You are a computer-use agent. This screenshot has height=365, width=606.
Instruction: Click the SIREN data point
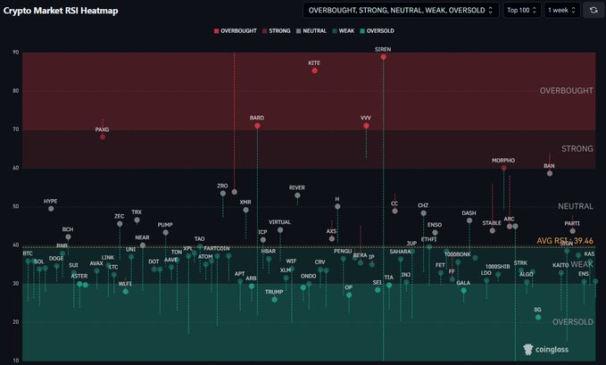pyautogui.click(x=384, y=57)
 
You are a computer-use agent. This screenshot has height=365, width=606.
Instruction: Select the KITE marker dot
pyautogui.click(x=314, y=71)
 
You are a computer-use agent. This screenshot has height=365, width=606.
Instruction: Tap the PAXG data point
pyautogui.click(x=103, y=137)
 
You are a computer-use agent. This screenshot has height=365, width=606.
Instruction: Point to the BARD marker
pyautogui.click(x=257, y=126)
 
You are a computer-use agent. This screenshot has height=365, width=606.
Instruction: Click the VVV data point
pyautogui.click(x=366, y=126)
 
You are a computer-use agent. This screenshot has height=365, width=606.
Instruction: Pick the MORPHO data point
pyautogui.click(x=503, y=168)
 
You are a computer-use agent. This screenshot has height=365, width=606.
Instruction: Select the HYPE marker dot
pyautogui.click(x=51, y=208)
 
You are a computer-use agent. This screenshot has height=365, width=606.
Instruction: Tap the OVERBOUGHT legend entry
pyautogui.click(x=236, y=31)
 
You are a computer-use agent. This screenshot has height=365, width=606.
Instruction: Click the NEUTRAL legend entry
pyautogui.click(x=311, y=31)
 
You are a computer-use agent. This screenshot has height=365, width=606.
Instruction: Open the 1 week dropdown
pyautogui.click(x=561, y=10)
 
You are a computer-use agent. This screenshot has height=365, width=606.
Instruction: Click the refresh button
pyautogui.click(x=594, y=10)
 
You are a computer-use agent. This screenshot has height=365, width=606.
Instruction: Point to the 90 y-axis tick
pyautogui.click(x=15, y=53)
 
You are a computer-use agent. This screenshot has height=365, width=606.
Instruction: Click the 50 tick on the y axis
pyautogui.click(x=15, y=206)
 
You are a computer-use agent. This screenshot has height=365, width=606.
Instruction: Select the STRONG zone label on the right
pyautogui.click(x=577, y=148)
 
